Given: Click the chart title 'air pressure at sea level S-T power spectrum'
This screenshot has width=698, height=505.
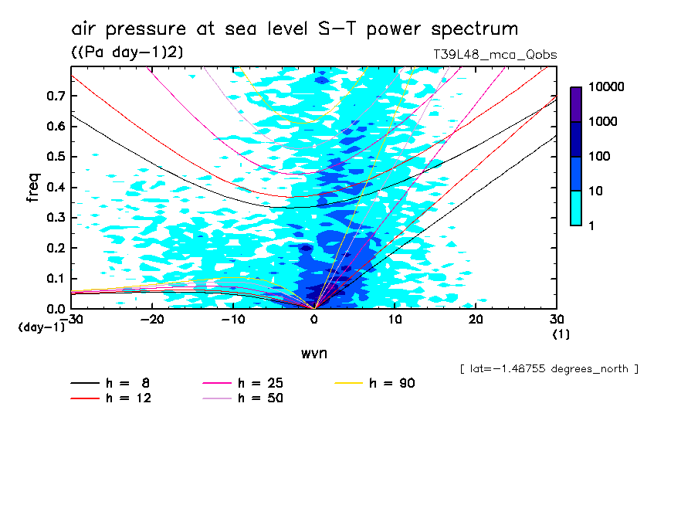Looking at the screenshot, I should click(294, 30).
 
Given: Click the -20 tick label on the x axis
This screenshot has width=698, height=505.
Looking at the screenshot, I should click(152, 319).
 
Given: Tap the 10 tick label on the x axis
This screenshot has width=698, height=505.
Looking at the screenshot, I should click(395, 319).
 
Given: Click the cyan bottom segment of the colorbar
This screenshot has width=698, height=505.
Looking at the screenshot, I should click(576, 208).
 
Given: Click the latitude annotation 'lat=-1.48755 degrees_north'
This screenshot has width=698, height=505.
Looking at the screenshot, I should click(548, 368).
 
